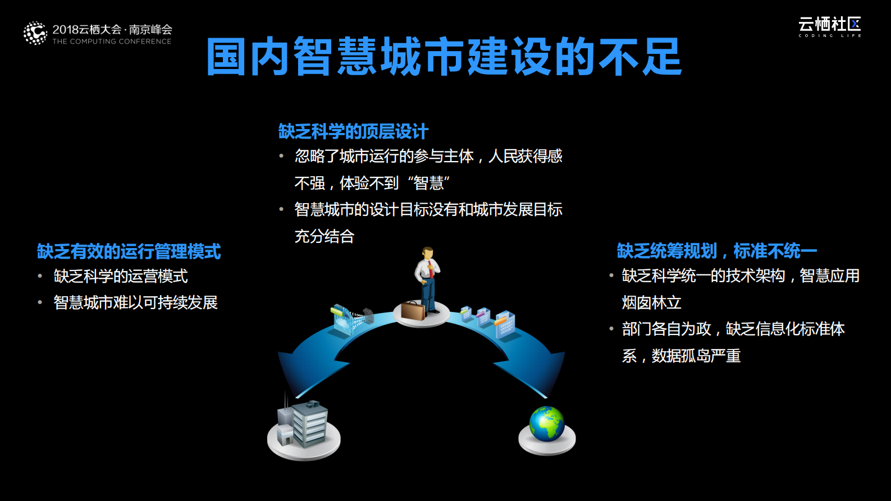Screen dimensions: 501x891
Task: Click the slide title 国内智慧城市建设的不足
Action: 444,57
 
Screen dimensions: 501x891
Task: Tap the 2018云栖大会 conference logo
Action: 98,34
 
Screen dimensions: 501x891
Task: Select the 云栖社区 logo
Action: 829,26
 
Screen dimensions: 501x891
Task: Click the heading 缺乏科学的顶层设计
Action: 353,131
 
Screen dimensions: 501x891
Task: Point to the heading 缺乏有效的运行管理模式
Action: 129,251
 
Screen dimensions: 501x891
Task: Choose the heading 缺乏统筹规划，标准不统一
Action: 716,251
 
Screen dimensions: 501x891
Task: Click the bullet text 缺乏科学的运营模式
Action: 121,276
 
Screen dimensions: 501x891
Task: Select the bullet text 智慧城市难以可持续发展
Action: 135,303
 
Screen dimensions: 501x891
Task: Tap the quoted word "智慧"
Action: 429,183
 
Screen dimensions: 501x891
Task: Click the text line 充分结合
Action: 325,236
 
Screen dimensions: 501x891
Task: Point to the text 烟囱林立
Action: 651,303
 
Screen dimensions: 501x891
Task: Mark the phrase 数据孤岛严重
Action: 696,356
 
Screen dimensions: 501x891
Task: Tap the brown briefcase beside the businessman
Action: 412,310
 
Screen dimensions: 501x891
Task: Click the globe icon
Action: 547,424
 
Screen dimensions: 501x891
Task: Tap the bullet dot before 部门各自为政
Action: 611,329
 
